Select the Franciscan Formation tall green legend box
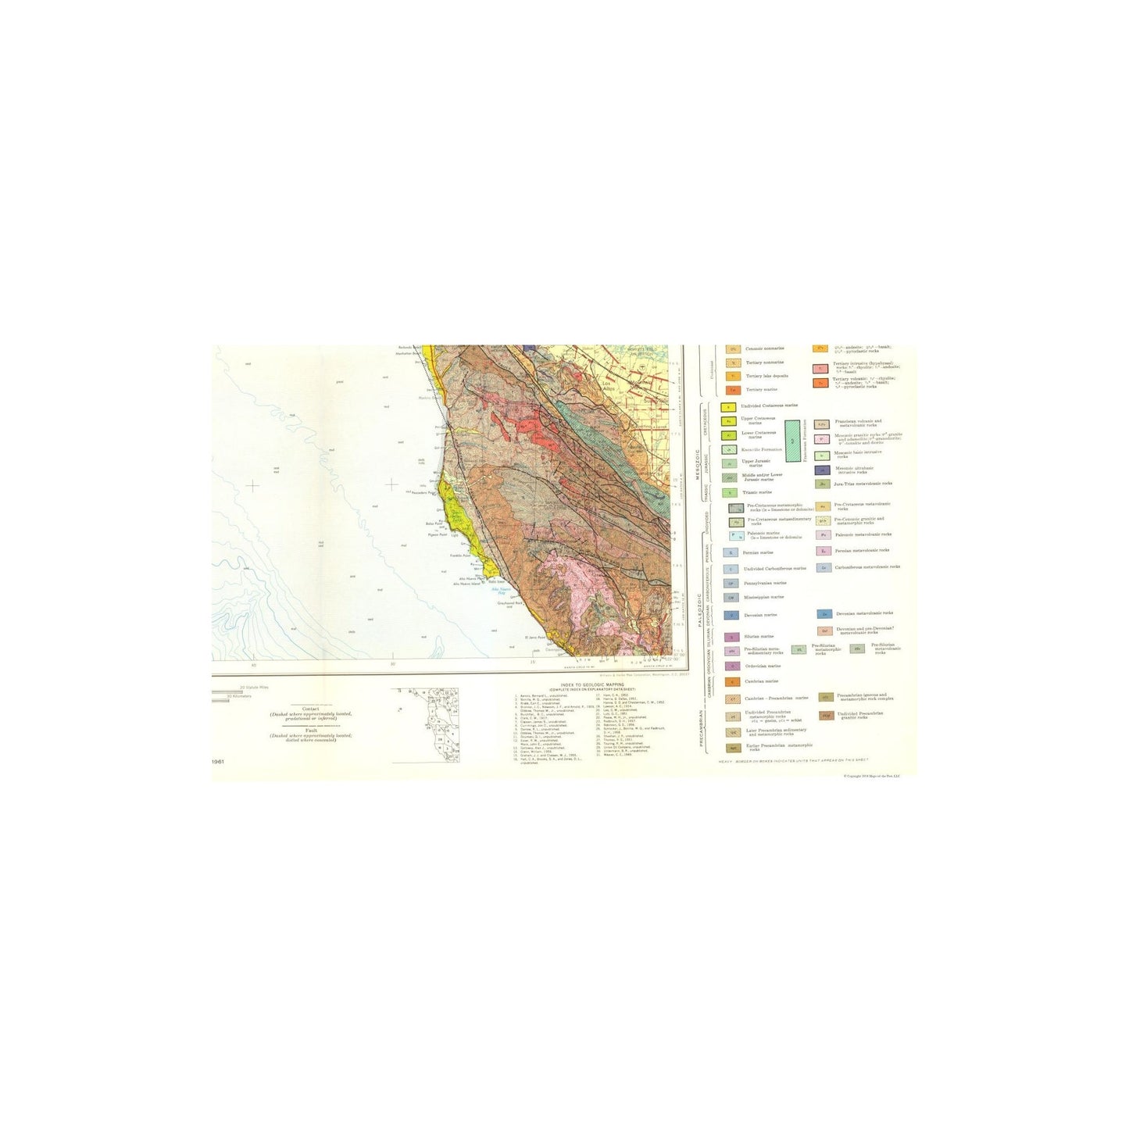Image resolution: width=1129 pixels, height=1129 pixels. coord(793,441)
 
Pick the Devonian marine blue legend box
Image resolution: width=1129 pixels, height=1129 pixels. coord(731,616)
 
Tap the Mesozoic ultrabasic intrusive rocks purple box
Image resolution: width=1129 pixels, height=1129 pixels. coord(821,470)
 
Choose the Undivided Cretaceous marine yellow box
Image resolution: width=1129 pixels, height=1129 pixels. coord(728,407)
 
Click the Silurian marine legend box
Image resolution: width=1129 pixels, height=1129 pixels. coord(731,637)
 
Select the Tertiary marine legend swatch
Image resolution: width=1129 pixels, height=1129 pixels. coord(732,388)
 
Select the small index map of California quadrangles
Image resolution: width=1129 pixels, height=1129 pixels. coord(425,724)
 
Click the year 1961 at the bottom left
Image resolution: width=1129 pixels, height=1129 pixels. coord(218,760)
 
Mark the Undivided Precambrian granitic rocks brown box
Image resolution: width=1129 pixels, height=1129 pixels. coord(825,716)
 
